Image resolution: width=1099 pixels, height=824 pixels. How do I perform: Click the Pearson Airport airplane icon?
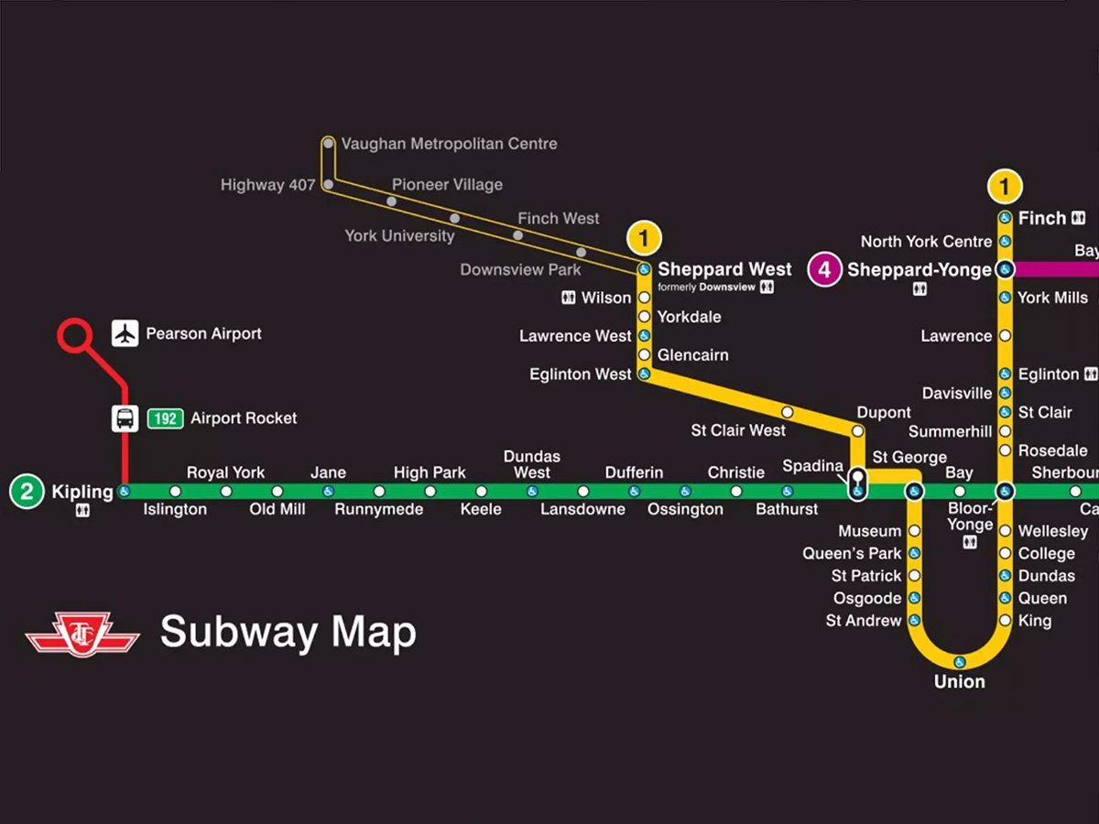(125, 333)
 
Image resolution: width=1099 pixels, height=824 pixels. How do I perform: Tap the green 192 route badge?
(165, 418)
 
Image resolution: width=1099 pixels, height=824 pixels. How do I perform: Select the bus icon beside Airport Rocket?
(125, 418)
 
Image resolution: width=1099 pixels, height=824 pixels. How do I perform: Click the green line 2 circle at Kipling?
(27, 492)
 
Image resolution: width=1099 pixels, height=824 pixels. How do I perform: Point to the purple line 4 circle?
(824, 270)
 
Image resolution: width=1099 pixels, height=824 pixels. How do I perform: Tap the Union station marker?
(960, 662)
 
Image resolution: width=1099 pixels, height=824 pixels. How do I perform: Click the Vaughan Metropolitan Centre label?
(449, 144)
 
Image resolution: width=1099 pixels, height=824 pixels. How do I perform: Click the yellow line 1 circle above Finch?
(1005, 187)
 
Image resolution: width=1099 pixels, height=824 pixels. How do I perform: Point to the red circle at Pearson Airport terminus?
(74, 335)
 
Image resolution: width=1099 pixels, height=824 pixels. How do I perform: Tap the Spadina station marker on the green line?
(857, 492)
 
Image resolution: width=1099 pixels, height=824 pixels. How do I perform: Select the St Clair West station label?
(738, 430)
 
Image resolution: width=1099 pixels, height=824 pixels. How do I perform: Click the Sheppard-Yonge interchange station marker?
(1005, 270)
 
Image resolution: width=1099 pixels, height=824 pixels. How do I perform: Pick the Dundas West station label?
(532, 464)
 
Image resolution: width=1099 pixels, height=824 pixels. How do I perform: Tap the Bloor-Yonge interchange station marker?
(1005, 492)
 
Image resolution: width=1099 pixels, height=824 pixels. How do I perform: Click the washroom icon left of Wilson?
(568, 298)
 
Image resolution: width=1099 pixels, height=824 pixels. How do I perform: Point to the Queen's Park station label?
(852, 553)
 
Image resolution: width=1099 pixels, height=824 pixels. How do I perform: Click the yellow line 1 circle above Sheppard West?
(644, 239)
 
